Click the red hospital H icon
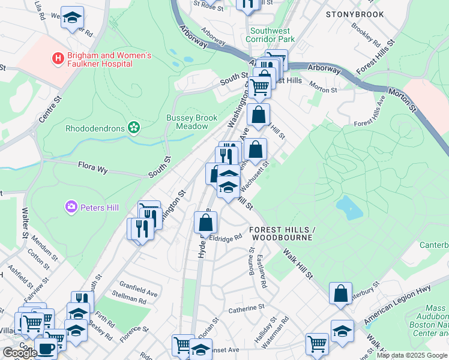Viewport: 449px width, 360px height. [58, 58]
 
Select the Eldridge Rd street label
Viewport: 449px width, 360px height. [226, 237]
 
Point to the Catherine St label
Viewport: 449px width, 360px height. [246, 310]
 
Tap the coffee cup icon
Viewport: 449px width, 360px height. [46, 349]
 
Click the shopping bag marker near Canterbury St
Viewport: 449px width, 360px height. [340, 294]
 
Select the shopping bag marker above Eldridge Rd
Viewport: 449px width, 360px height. [205, 223]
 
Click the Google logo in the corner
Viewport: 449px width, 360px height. [19, 353]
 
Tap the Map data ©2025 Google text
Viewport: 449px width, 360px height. [412, 355]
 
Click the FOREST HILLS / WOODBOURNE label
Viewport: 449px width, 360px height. [282, 234]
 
